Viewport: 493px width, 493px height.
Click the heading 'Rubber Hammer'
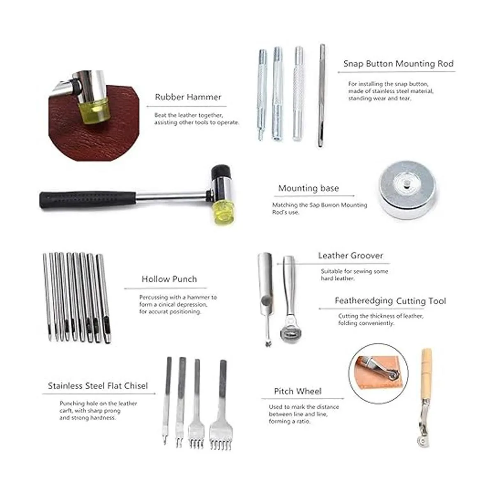click(188, 97)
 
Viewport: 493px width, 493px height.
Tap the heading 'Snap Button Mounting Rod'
click(399, 63)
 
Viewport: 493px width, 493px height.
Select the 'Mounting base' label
click(309, 188)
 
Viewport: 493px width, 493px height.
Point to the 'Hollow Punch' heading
click(169, 279)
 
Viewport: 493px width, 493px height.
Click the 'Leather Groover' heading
click(350, 255)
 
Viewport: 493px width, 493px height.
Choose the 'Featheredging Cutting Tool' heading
click(390, 301)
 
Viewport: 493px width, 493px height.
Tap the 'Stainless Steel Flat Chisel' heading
click(98, 385)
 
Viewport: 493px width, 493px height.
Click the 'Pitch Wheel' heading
click(298, 391)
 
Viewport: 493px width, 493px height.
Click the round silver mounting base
click(407, 190)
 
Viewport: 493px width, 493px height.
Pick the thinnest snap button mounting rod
click(321, 95)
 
